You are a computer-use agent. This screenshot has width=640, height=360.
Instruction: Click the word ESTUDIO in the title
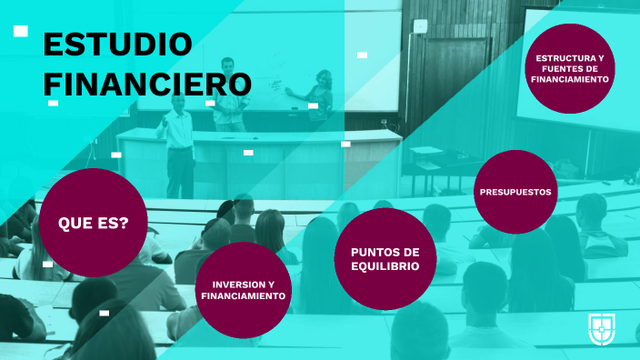tap(117, 44)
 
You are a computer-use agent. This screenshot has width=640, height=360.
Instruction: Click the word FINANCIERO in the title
tap(146, 84)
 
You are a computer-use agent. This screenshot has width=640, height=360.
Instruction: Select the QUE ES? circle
tap(93, 222)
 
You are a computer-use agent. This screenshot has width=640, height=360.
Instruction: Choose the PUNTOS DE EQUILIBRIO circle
tap(385, 258)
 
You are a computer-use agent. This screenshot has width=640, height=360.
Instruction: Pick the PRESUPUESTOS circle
tap(515, 192)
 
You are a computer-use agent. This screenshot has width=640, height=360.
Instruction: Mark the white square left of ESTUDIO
tap(21, 31)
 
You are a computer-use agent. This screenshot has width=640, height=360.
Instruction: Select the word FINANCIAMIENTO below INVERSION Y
tap(244, 296)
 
